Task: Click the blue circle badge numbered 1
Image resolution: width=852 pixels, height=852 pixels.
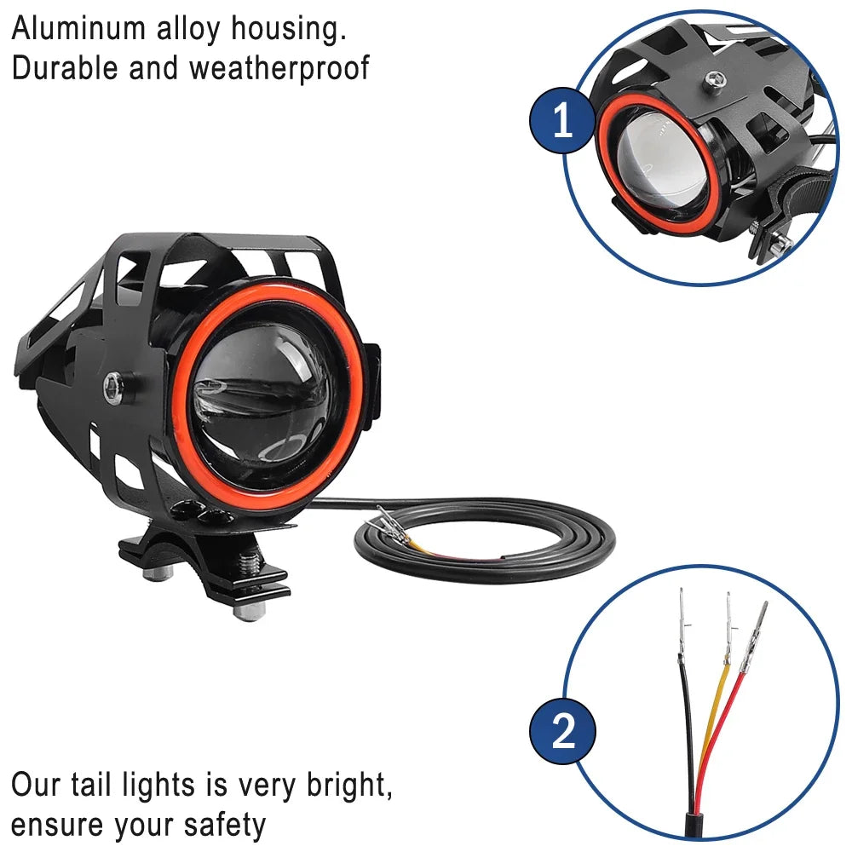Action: coord(562,122)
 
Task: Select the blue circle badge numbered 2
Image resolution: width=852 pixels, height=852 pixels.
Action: coord(562,731)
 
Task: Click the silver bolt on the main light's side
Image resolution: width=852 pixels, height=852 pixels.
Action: coord(112,388)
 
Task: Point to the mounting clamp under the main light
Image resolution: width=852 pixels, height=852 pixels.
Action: coord(204,567)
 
